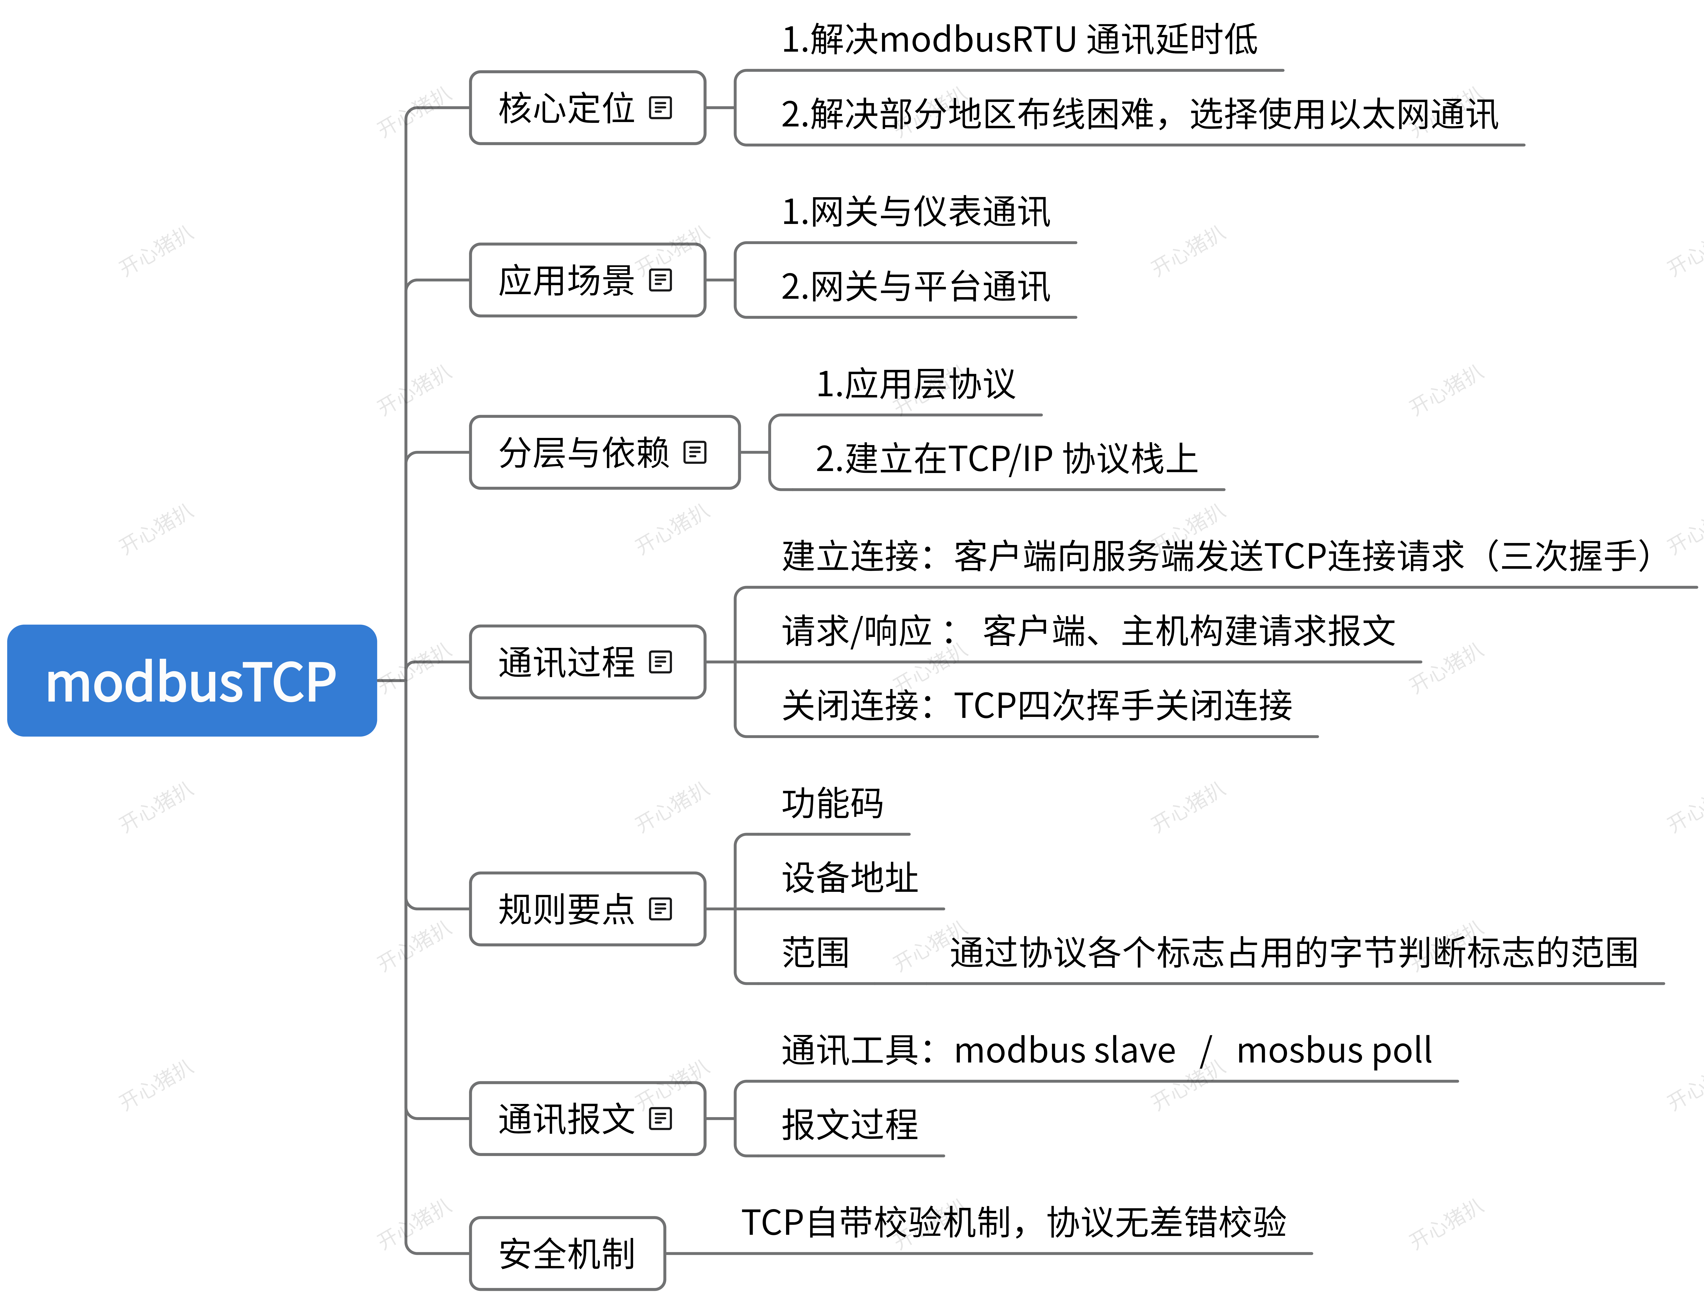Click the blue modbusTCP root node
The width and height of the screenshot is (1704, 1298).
click(x=192, y=681)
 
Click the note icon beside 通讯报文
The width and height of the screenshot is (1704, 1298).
click(x=660, y=1119)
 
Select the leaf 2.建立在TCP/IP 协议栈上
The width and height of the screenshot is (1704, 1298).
click(x=1006, y=459)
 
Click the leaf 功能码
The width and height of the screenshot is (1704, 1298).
click(x=832, y=803)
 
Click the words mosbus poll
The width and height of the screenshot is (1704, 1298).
click(x=1334, y=1051)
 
